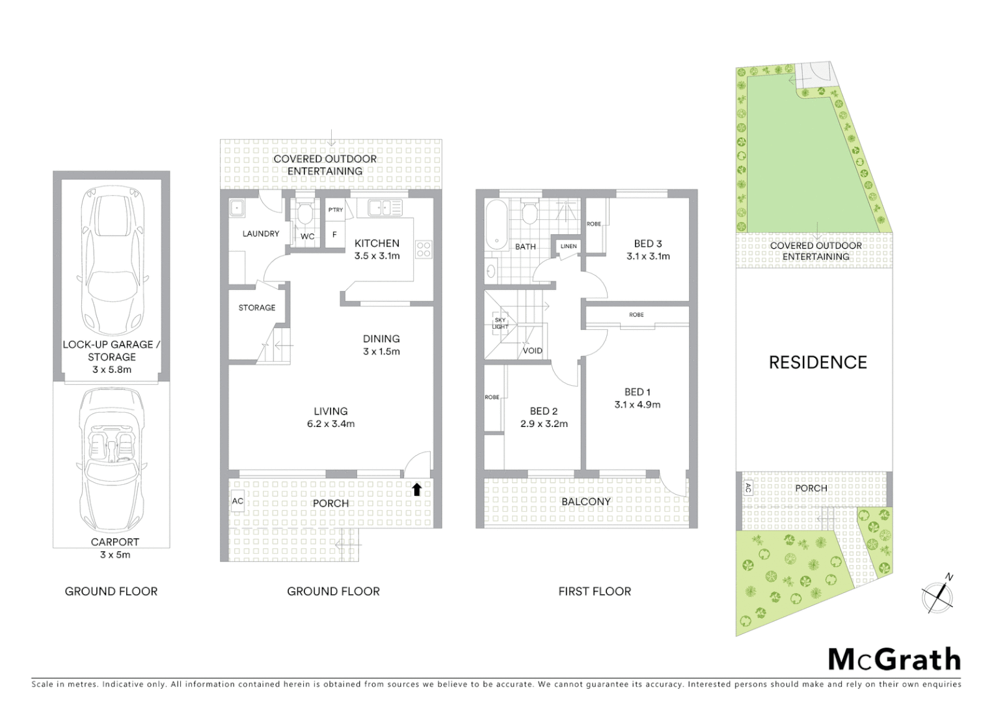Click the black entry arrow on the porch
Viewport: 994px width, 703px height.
pyautogui.click(x=417, y=489)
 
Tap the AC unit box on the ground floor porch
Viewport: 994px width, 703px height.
pyautogui.click(x=237, y=501)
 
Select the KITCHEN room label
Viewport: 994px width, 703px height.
pyautogui.click(x=377, y=243)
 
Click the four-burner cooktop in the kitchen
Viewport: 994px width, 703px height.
pyautogui.click(x=423, y=248)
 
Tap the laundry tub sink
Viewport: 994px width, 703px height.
pyautogui.click(x=237, y=208)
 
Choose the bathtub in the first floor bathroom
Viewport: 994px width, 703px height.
pyautogui.click(x=496, y=225)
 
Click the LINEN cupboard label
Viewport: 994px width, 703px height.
pyautogui.click(x=568, y=246)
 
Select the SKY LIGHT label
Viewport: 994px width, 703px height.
pyautogui.click(x=500, y=324)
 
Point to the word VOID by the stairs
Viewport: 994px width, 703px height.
pyautogui.click(x=532, y=351)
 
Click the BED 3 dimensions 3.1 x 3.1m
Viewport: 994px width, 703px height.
pyautogui.click(x=648, y=256)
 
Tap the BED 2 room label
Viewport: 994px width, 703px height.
pyautogui.click(x=544, y=411)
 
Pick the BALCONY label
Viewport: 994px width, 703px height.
pyautogui.click(x=585, y=502)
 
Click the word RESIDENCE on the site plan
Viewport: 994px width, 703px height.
pyautogui.click(x=818, y=363)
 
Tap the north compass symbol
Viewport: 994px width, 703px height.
pyautogui.click(x=938, y=596)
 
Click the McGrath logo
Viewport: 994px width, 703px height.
pyautogui.click(x=894, y=659)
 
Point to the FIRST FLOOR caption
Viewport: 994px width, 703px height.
pyautogui.click(x=595, y=592)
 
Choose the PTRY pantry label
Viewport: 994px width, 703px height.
pyautogui.click(x=336, y=210)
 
